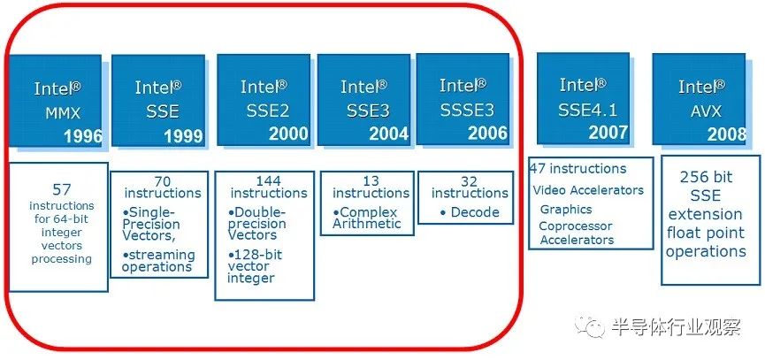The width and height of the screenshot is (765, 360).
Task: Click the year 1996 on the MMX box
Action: pyautogui.click(x=83, y=136)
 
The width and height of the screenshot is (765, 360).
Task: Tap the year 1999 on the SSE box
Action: pyautogui.click(x=183, y=136)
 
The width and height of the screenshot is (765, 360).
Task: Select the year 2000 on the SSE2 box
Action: pyautogui.click(x=288, y=134)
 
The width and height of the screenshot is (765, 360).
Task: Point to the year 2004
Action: pyautogui.click(x=389, y=134)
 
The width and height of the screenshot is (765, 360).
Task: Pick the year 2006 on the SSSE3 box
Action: pyautogui.click(x=488, y=133)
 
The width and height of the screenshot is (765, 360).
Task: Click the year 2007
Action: pyautogui.click(x=608, y=132)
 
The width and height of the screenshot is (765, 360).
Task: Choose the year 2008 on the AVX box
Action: pyautogui.click(x=727, y=134)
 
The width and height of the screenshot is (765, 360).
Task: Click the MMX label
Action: pyautogui.click(x=63, y=113)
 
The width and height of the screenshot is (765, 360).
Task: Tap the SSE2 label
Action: pyautogui.click(x=267, y=111)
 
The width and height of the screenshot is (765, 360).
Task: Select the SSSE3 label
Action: pyautogui.click(x=467, y=111)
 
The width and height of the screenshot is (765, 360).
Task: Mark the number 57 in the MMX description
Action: pyautogui.click(x=62, y=189)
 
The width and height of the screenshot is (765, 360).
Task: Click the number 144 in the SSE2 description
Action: pyautogui.click(x=268, y=181)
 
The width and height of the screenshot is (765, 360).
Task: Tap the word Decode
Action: pyautogui.click(x=475, y=212)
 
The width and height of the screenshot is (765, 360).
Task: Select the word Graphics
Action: pyautogui.click(x=566, y=210)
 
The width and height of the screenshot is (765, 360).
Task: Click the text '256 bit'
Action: pyautogui.click(x=706, y=177)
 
